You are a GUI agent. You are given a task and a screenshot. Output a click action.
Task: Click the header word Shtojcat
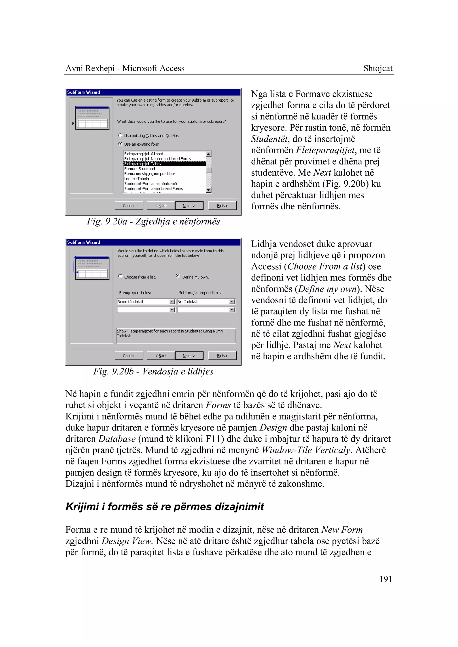coord(378,68)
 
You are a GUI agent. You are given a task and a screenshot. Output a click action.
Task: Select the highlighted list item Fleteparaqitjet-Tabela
coord(143,164)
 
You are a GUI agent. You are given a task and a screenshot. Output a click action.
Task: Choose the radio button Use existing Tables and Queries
coord(120,135)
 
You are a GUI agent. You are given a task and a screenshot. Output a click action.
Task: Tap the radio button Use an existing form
coord(120,144)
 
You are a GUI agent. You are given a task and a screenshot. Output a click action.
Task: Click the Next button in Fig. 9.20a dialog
coord(189,206)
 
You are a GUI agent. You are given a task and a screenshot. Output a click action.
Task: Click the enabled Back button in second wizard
coord(161,355)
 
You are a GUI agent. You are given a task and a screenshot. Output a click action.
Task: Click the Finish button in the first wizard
coord(222,206)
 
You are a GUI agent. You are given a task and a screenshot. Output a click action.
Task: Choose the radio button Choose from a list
coord(120,276)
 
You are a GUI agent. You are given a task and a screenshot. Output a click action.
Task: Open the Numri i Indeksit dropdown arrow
coord(172,302)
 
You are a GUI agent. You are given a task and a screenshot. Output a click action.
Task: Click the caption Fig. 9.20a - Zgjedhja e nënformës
coord(153,221)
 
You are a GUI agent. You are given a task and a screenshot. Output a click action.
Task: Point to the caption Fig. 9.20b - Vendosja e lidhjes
coord(153,371)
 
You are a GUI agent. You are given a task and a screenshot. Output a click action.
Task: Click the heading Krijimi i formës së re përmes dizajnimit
coord(165,507)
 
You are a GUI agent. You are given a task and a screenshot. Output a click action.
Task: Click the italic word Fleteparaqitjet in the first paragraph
coord(325,150)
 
